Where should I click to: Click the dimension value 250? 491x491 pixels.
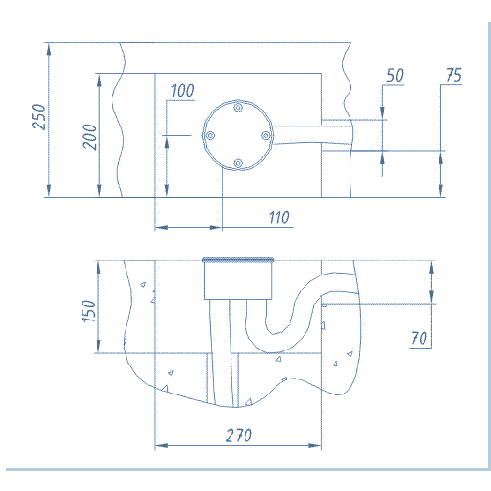coord(38,117)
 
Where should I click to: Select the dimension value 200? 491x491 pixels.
coord(90,137)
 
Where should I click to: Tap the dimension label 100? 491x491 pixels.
coord(183,91)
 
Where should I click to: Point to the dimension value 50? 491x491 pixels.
coord(394,76)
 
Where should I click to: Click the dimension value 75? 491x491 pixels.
coord(454,75)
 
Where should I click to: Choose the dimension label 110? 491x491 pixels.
coord(279,217)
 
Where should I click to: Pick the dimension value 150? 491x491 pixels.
coord(88,311)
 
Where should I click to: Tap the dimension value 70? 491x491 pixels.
coord(419,338)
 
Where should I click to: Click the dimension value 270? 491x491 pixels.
coord(239,436)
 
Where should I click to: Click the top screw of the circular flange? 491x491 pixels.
coord(238,108)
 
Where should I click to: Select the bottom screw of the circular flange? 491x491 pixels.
coord(238,163)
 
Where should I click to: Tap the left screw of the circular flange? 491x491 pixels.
coord(210,136)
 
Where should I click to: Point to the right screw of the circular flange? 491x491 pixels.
coord(266,135)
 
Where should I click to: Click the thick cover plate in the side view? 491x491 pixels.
coord(238,260)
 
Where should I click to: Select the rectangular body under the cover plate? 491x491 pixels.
coord(238,280)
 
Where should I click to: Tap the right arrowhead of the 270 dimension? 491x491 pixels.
coord(316,445)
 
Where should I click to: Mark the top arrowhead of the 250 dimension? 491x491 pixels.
coord(48,50)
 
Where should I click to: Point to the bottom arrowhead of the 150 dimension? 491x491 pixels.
coord(98,347)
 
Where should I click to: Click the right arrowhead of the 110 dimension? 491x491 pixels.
coord(216,227)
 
